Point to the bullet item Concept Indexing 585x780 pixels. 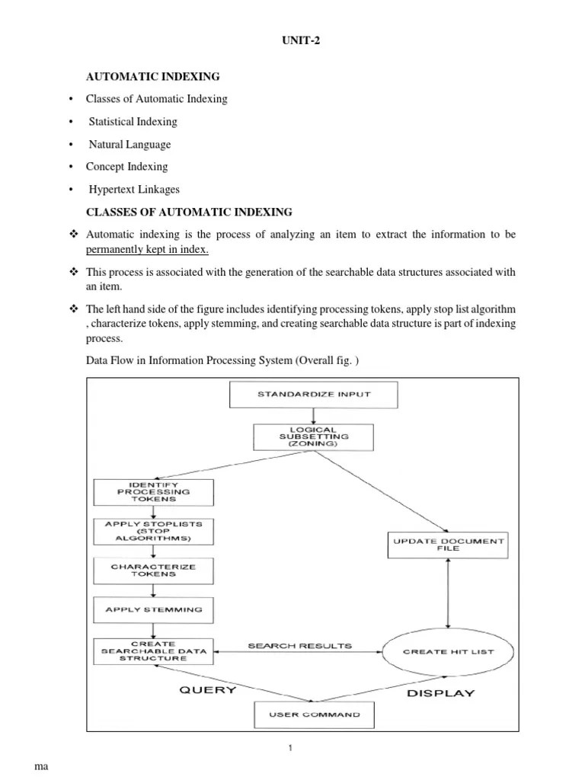(126, 167)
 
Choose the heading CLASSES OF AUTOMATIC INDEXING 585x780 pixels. (189, 211)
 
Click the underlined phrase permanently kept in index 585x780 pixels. (147, 250)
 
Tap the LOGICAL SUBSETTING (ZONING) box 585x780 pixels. (313, 436)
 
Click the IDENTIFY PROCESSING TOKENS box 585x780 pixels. (154, 491)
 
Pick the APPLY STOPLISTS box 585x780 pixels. (154, 531)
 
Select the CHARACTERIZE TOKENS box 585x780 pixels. (154, 571)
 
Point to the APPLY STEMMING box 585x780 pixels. (154, 609)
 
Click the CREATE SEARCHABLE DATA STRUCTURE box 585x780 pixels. (154, 651)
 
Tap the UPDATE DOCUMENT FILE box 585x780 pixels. (448, 545)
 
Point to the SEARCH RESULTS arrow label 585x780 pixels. (300, 645)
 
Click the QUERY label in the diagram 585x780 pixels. (207, 690)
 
